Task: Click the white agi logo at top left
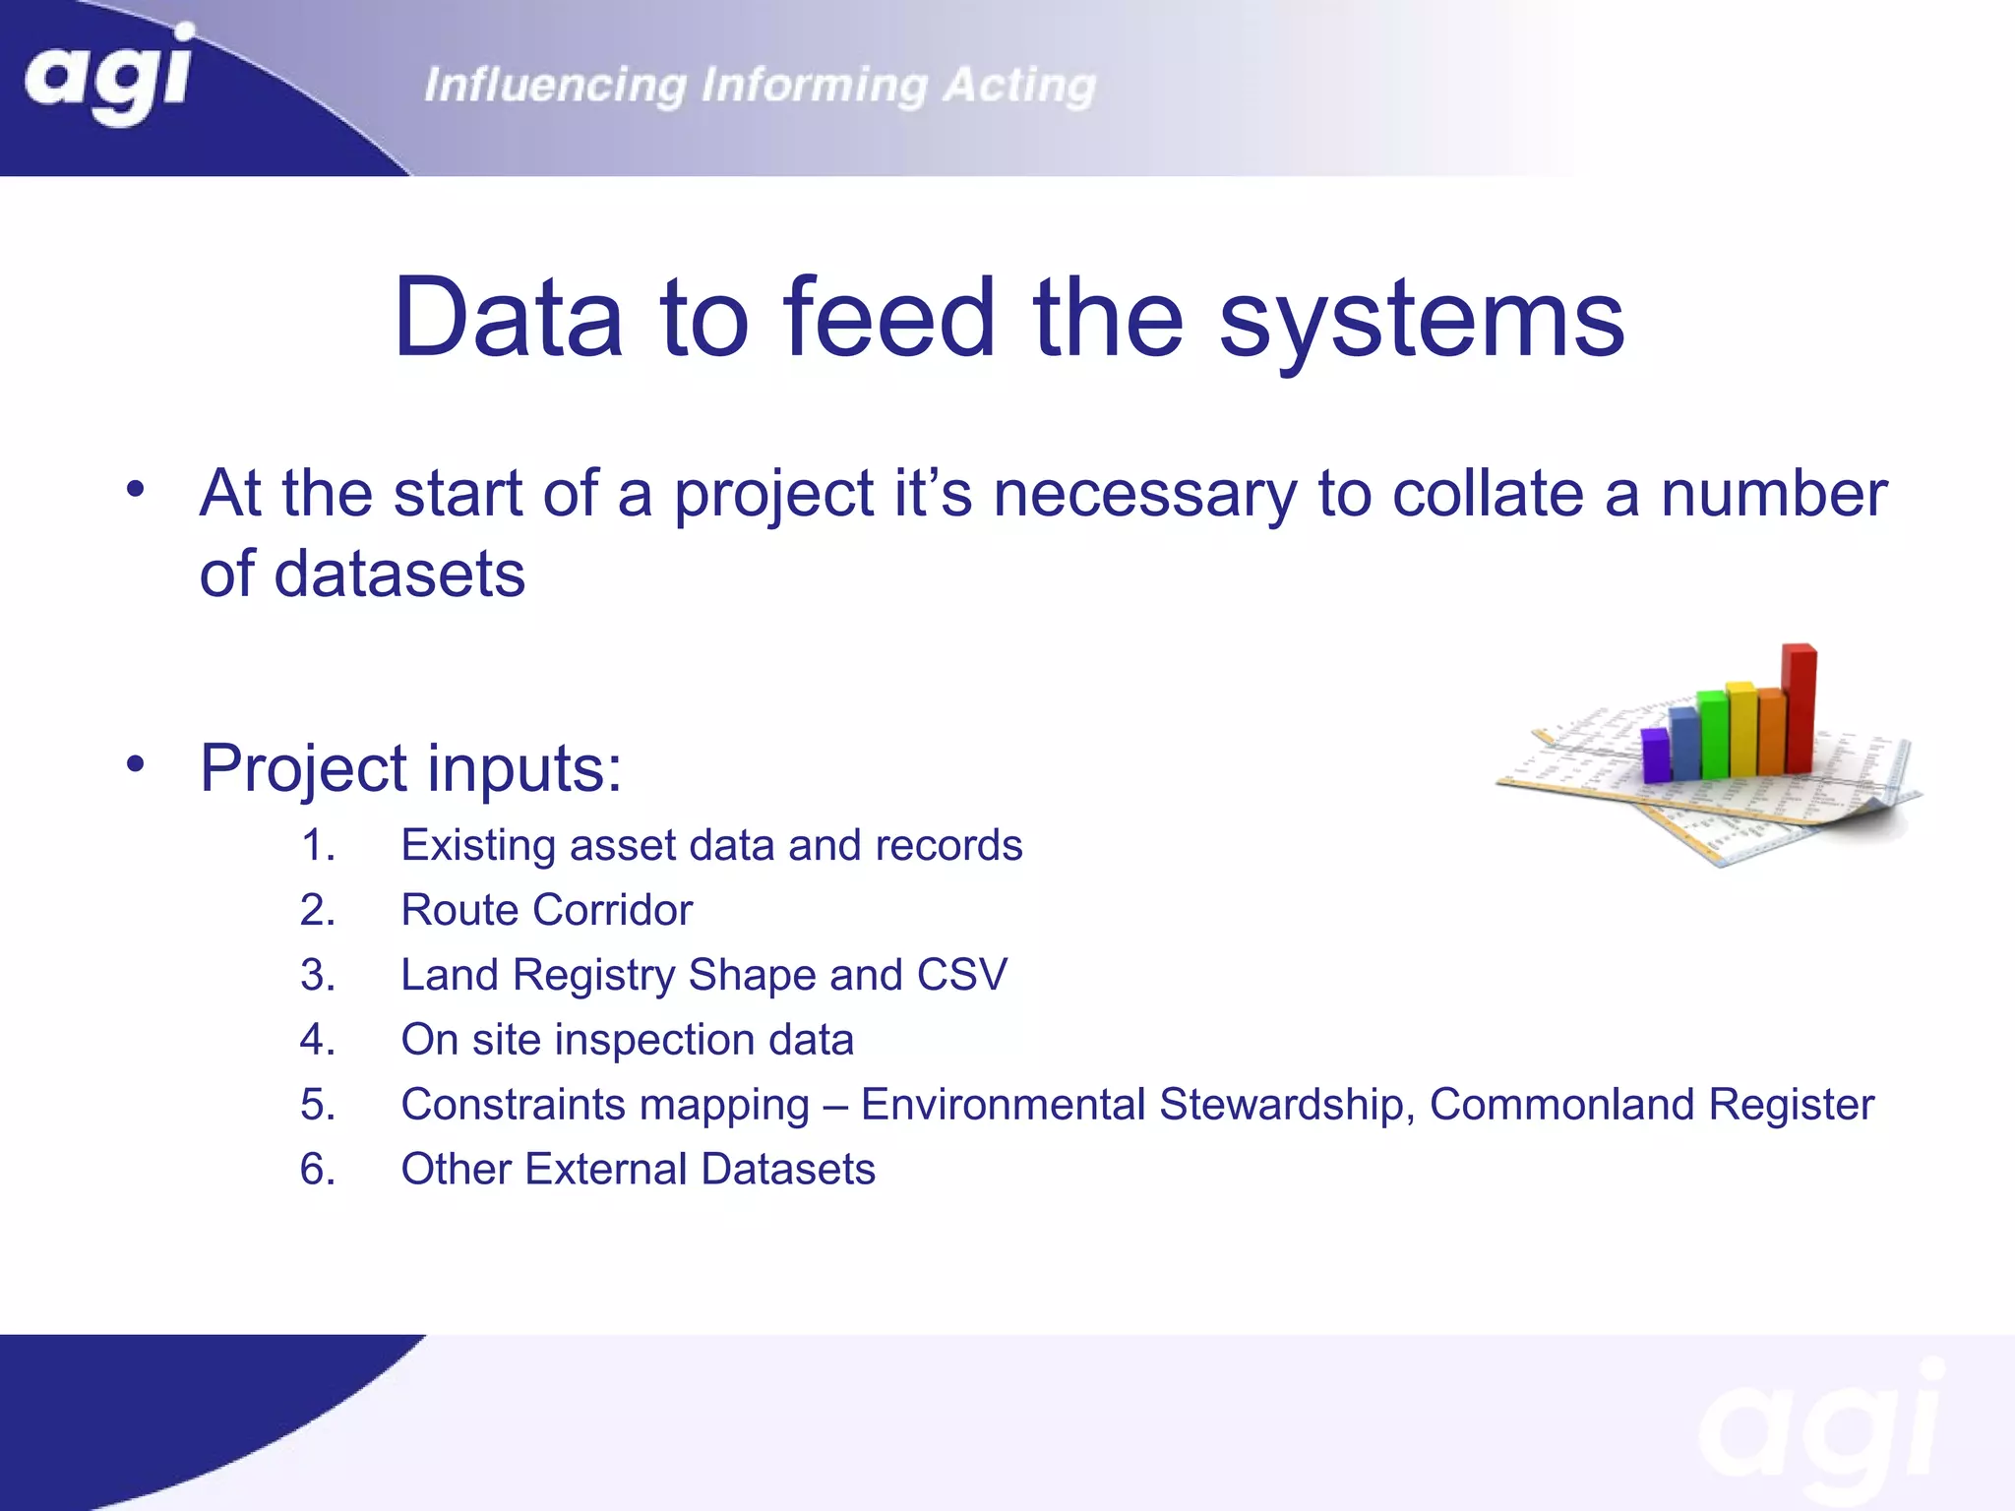click(x=108, y=74)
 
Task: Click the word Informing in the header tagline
click(x=814, y=86)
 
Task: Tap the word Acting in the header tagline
click(x=1019, y=86)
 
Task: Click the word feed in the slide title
click(x=889, y=318)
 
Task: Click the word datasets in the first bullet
click(x=399, y=574)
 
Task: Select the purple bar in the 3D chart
click(x=1655, y=755)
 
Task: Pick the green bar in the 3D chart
click(x=1713, y=734)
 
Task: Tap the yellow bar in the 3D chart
click(x=1742, y=728)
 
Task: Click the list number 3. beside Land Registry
click(x=317, y=976)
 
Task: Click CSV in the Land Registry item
click(x=961, y=976)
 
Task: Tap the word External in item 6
click(x=606, y=1170)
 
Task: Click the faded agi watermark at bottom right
click(x=1820, y=1426)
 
